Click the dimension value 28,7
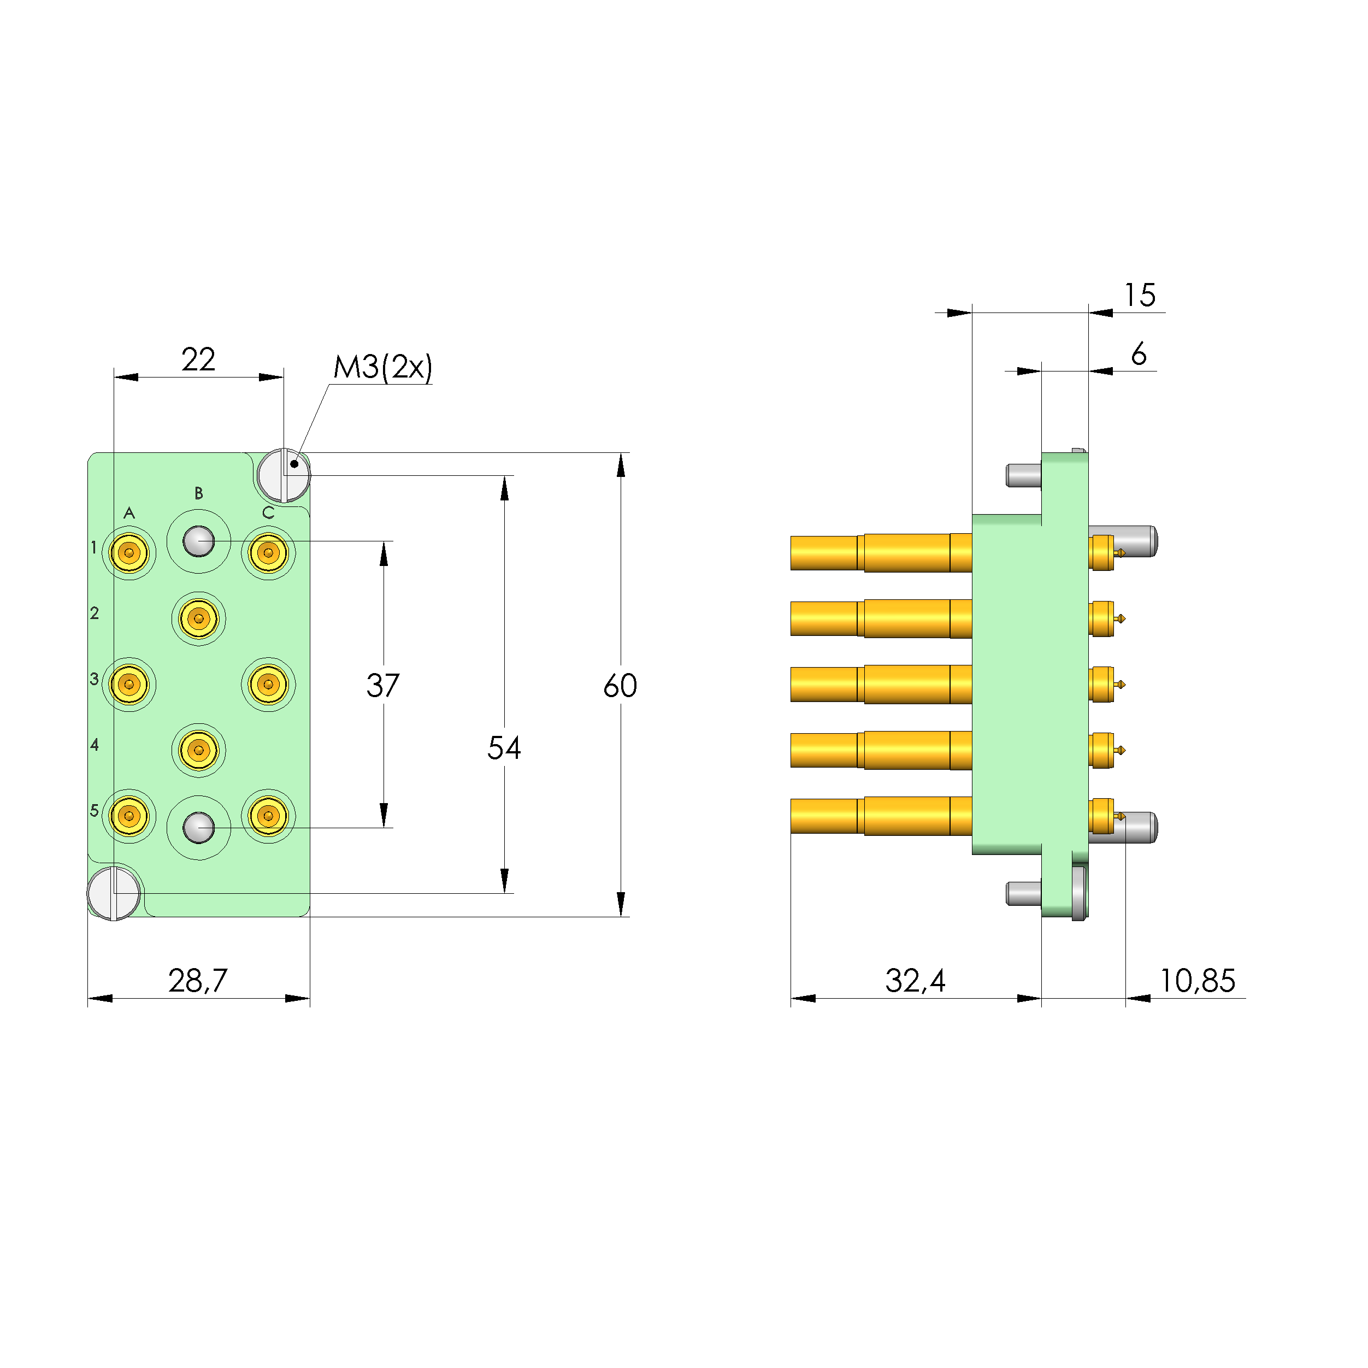198,981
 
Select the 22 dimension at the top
198,359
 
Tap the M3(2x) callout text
382,368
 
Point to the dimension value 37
383,686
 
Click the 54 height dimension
504,748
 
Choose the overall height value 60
620,686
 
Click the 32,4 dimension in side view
915,981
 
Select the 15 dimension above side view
1140,295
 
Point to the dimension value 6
1139,354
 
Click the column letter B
199,493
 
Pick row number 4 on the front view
94,744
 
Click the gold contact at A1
129,552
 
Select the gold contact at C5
268,816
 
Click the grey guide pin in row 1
199,541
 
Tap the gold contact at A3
129,684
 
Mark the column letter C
268,512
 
